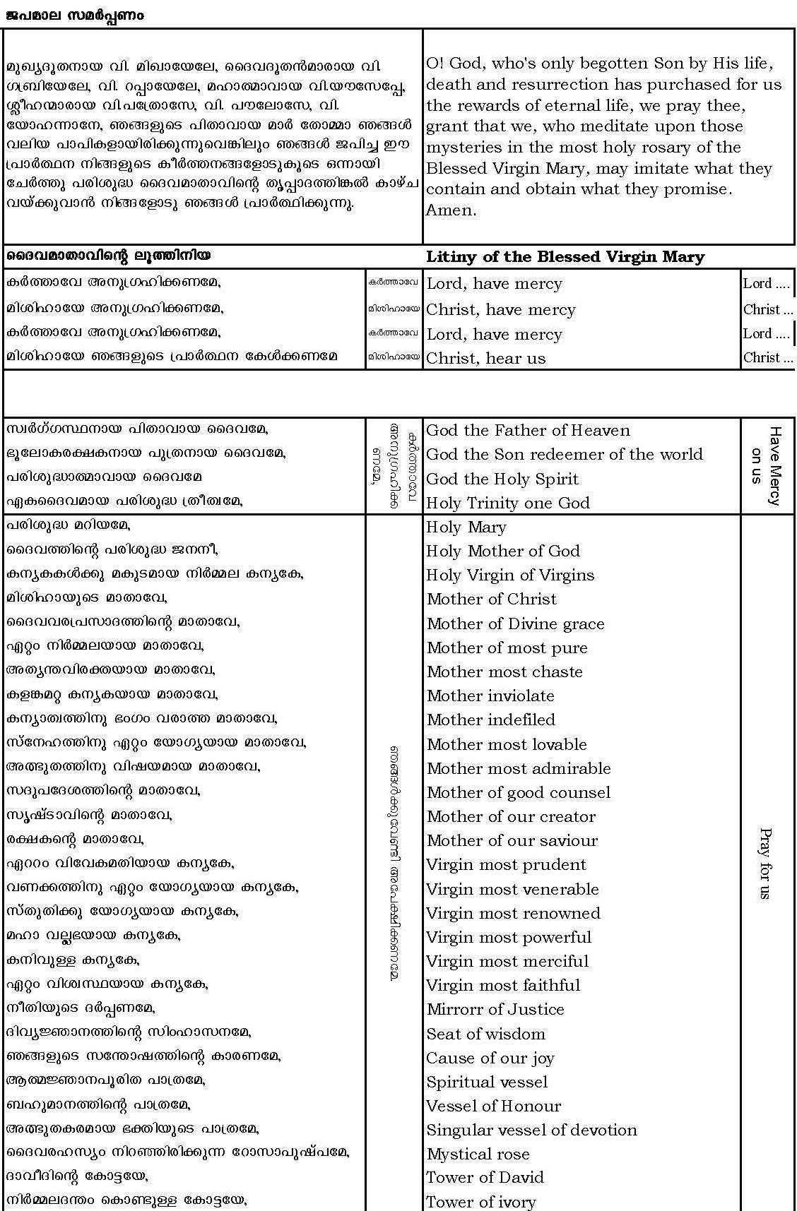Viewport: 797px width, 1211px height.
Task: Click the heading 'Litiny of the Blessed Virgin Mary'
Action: [565, 257]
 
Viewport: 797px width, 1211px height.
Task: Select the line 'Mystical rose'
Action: [478, 1155]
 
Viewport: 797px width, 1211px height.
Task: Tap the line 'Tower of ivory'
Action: [480, 1202]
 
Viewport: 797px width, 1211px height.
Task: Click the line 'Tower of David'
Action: [485, 1178]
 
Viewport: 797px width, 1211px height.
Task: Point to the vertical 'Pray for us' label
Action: [764, 863]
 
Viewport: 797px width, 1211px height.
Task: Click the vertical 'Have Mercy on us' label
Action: [767, 466]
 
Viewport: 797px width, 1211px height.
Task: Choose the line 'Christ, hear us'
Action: [485, 359]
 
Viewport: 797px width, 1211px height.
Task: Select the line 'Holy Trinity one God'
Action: [507, 503]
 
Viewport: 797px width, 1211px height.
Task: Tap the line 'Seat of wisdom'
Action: [485, 1034]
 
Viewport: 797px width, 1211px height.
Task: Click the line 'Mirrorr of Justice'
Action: [495, 1010]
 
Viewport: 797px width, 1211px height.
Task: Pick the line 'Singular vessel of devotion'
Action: [531, 1131]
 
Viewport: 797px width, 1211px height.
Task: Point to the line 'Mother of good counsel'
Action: [519, 793]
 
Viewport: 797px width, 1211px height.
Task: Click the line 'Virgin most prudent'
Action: [506, 865]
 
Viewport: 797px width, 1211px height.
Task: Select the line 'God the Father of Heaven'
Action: [528, 431]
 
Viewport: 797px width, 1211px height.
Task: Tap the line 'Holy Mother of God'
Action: [502, 551]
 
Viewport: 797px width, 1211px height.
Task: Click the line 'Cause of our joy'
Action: [490, 1058]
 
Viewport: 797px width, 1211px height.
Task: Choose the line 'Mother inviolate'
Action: [490, 696]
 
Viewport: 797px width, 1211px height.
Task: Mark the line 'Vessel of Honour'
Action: [493, 1106]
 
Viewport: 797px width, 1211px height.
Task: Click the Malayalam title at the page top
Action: [74, 15]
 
